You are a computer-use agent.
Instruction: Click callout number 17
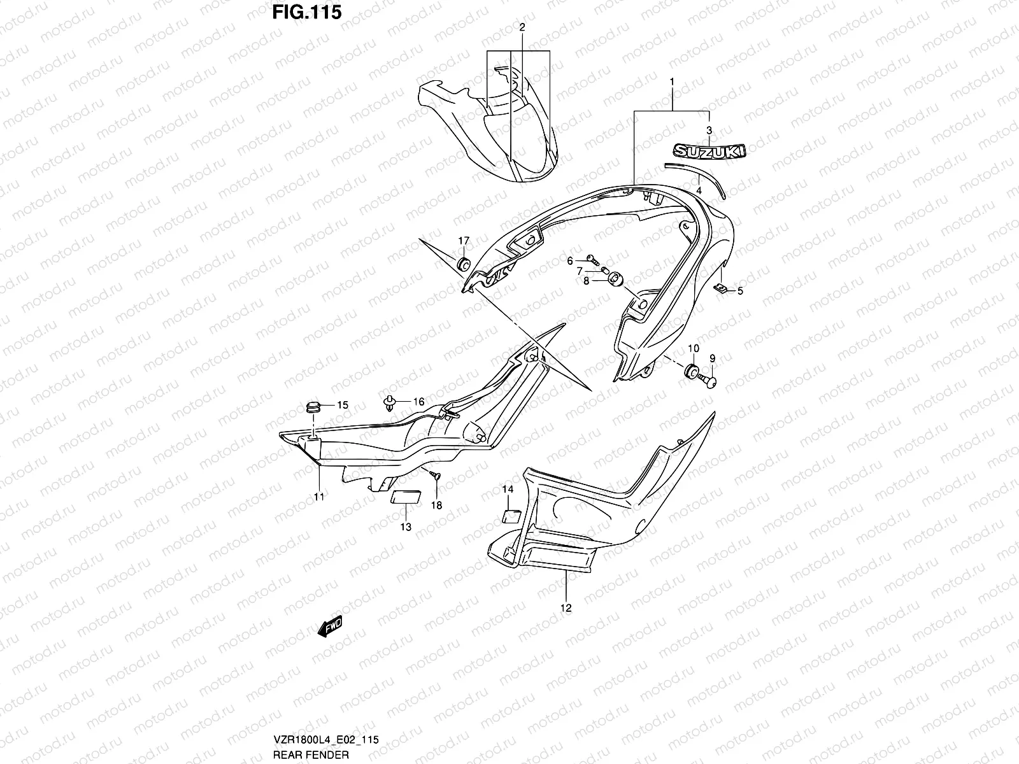463,241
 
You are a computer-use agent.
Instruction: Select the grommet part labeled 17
463,264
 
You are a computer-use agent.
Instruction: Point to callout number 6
571,260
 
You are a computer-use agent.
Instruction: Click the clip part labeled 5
720,289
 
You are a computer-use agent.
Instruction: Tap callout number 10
694,348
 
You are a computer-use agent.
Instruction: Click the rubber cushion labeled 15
313,406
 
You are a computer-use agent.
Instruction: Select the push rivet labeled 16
390,402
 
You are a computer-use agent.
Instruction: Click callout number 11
319,497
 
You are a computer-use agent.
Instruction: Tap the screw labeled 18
433,474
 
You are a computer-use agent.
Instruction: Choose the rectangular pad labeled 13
404,497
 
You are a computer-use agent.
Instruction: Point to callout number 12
566,608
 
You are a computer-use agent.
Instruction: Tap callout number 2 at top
522,27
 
